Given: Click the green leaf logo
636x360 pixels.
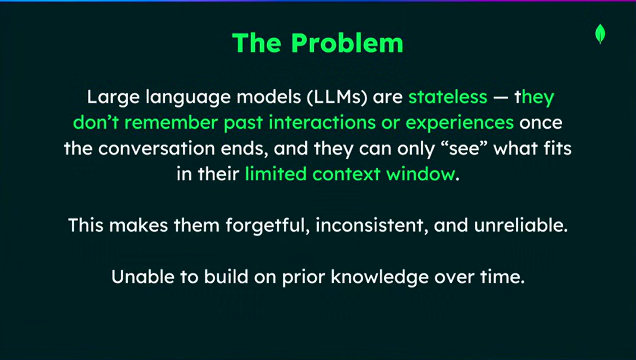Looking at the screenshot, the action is pos(600,34).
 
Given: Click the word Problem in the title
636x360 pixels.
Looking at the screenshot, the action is pos(347,43).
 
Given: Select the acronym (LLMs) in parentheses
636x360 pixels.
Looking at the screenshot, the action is pos(337,97).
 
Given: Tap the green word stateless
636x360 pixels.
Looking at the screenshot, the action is pos(448,97).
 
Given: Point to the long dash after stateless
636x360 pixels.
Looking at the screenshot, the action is pos(501,98).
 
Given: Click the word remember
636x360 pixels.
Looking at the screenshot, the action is pos(171,123).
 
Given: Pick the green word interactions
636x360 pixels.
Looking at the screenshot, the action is pos(322,123).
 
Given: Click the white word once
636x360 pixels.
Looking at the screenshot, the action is pos(541,123).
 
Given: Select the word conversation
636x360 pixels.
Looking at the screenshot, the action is pos(157,148).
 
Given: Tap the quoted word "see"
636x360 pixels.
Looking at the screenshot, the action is pos(464,148).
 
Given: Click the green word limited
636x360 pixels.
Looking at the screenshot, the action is pos(276,174).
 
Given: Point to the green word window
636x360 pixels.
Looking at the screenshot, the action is pos(421,174).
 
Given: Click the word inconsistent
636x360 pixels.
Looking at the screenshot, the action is pos(369,226).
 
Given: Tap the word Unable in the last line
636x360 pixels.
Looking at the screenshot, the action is pos(143,277).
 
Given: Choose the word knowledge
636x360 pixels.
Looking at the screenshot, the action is pos(379,277).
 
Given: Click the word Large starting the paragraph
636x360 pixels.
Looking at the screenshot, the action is pos(113,98).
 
